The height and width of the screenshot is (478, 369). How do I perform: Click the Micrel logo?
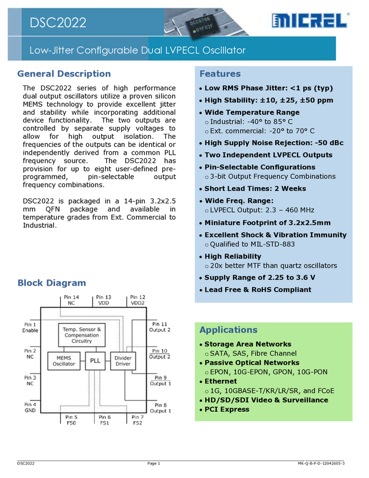point(311,21)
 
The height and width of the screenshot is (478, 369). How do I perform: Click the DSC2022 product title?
point(58,22)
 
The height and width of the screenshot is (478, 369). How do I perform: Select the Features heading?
point(220,74)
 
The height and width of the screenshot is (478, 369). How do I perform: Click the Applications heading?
point(228,330)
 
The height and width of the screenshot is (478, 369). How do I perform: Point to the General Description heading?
point(64,74)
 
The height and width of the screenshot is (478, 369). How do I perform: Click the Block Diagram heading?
point(52,283)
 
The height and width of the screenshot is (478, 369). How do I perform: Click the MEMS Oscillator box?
point(64,360)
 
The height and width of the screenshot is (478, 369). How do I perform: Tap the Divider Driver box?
point(122,360)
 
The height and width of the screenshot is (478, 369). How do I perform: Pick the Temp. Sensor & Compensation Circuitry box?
point(81,335)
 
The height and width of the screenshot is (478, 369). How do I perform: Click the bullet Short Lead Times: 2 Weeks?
point(255,189)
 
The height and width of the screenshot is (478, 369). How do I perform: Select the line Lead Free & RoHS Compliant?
point(257,290)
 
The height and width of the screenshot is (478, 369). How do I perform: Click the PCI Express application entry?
point(226,409)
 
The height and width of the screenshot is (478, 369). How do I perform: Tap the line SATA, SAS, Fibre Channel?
point(253,353)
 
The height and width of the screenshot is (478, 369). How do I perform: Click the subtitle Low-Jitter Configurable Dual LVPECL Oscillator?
point(138,51)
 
